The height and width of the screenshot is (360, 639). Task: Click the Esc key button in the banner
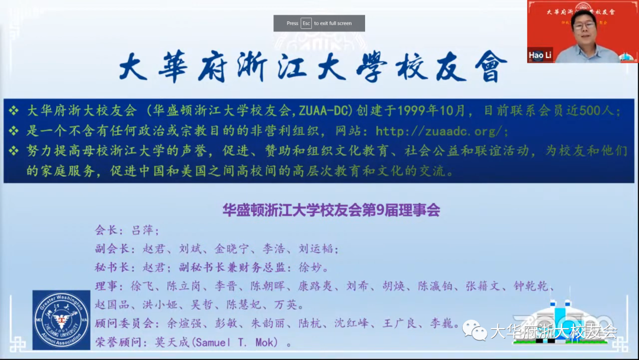(306, 23)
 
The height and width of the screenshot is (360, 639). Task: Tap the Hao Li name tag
(539, 55)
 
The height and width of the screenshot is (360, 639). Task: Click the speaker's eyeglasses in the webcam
(583, 27)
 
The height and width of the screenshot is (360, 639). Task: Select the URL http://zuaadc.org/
(441, 131)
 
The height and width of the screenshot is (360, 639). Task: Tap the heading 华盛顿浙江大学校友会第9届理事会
(331, 210)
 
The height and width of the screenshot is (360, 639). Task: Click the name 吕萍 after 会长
(143, 231)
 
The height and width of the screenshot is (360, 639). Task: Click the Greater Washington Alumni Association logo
(62, 320)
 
